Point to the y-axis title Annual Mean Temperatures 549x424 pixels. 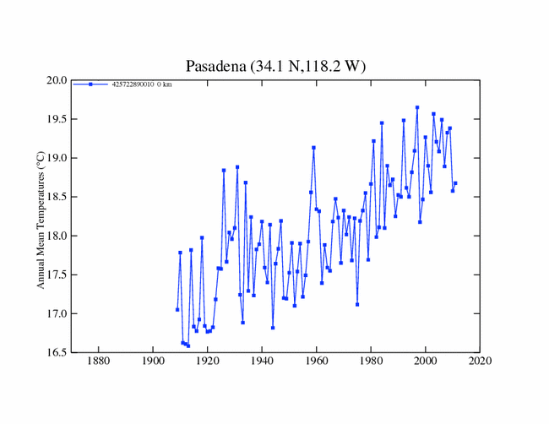(x=40, y=216)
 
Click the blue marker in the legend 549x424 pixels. (x=90, y=84)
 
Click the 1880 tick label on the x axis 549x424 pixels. (x=99, y=363)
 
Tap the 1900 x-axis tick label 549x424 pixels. (x=153, y=363)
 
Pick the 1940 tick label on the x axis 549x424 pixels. (x=262, y=363)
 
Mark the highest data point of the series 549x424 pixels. (x=417, y=107)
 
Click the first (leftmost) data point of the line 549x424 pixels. (x=177, y=310)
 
